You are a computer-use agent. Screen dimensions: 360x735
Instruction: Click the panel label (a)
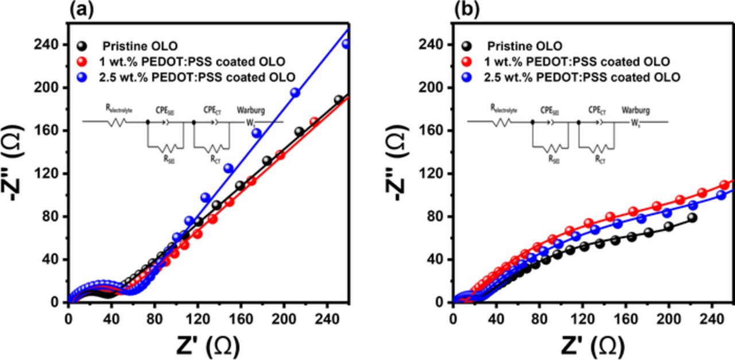pos(81,9)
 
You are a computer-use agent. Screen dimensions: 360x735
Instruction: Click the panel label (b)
pos(466,9)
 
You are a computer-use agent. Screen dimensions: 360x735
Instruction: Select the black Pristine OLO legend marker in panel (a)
pos(83,46)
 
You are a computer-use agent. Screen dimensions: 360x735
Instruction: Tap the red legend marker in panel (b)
pos(468,61)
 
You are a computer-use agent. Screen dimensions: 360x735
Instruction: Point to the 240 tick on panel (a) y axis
pos(51,45)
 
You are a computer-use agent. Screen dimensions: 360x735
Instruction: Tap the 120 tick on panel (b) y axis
pos(435,173)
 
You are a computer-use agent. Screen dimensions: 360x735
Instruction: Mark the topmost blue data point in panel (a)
pos(346,44)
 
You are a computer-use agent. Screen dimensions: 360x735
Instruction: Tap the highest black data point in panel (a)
pos(339,100)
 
